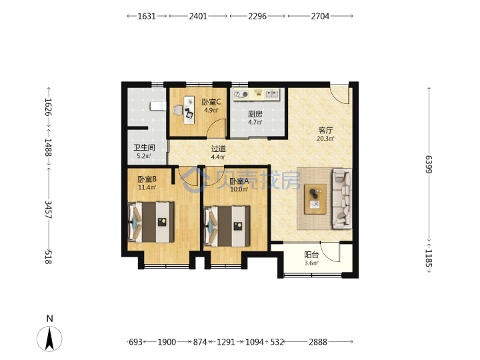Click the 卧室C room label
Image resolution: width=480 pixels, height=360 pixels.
point(211,102)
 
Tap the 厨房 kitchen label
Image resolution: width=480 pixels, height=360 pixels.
point(255,114)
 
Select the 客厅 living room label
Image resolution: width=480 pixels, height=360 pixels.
point(325,131)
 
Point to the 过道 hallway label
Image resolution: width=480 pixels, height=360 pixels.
point(218,149)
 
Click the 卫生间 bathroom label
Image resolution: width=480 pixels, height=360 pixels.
point(144,148)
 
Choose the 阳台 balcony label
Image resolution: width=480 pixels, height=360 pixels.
point(311,255)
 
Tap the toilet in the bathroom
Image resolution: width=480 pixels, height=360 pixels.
point(157,106)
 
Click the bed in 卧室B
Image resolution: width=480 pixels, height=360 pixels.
point(151,222)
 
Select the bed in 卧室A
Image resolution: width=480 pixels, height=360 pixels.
point(227,226)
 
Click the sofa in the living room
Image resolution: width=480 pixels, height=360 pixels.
point(342,199)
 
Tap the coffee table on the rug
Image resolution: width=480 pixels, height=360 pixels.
point(315,199)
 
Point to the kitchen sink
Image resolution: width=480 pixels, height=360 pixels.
point(272,94)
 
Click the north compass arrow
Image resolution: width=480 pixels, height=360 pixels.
point(49,338)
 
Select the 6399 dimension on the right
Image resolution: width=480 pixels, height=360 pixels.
point(429,165)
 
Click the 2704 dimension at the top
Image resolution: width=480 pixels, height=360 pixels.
point(320,16)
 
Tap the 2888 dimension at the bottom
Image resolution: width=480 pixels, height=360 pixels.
point(318,341)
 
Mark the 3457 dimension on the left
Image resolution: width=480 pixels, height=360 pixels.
point(49,209)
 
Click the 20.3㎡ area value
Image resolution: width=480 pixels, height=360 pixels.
point(325,139)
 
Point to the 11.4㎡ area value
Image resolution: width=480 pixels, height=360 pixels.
point(147,187)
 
